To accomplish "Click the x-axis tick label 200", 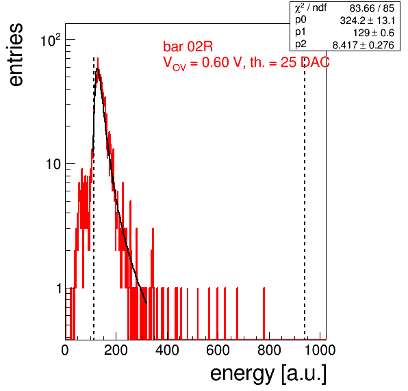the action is click(116, 350).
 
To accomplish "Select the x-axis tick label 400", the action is click(167, 350).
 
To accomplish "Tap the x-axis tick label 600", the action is click(218, 350).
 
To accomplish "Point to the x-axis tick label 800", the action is click(269, 350).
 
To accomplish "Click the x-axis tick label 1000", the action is click(320, 350).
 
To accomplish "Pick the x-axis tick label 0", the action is click(65, 350).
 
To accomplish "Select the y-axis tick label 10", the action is click(53, 164).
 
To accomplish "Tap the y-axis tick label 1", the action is click(59, 288).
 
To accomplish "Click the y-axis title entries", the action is click(16, 55).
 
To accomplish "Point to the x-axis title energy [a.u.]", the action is click(268, 375).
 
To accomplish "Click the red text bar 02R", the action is click(188, 46).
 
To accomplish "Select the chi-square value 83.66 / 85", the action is click(372, 8).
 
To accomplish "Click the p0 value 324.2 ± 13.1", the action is click(367, 21).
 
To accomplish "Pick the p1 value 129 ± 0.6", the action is click(374, 33).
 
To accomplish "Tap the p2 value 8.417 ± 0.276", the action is click(364, 45).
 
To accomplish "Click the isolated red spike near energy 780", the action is click(264, 313).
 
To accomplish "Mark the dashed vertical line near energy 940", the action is click(305, 198).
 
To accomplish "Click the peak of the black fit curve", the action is click(98, 68).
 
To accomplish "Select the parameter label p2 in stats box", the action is click(301, 44).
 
